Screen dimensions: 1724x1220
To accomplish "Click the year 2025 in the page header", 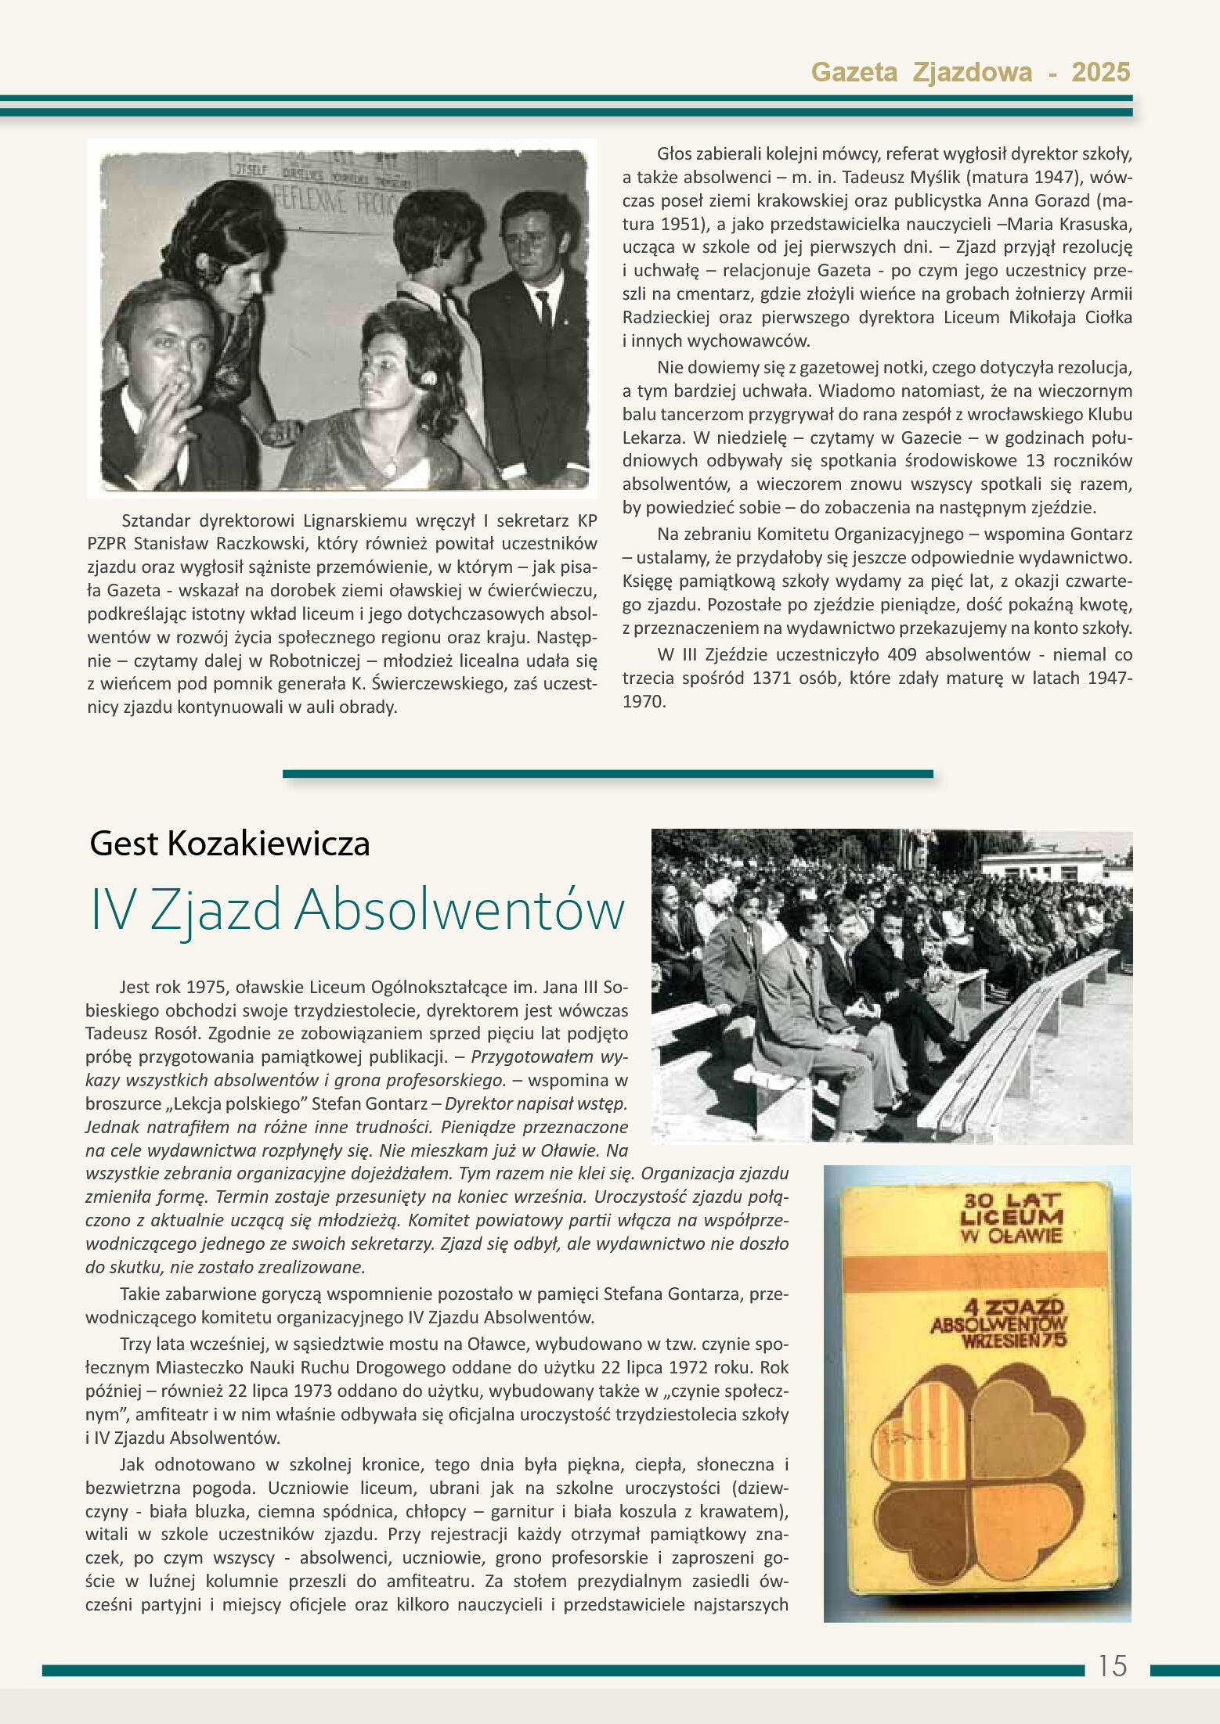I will (1100, 72).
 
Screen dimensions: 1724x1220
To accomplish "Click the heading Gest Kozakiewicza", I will (229, 844).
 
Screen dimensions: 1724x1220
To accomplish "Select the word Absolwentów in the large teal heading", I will (460, 910).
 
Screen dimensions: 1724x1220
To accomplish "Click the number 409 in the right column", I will (903, 654).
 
